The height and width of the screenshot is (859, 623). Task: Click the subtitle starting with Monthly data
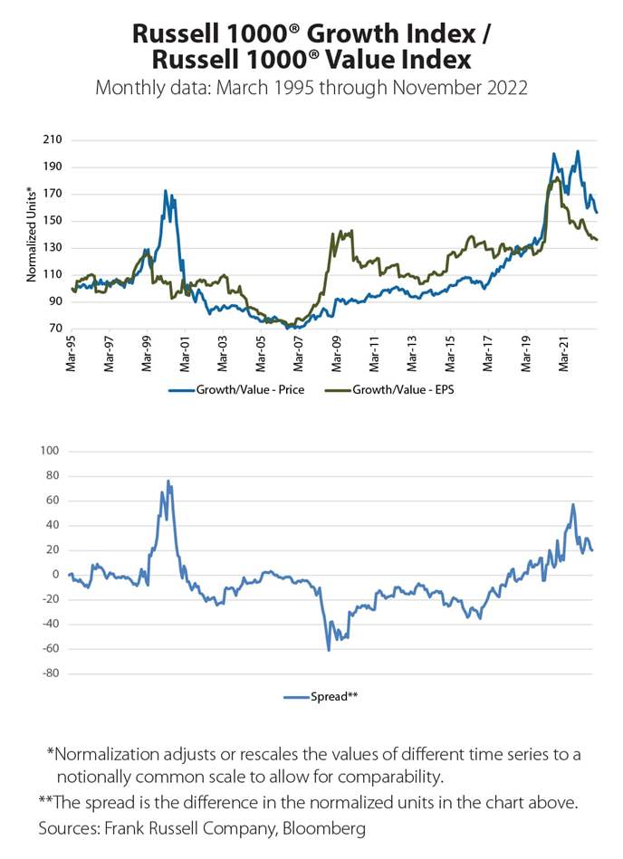pyautogui.click(x=311, y=88)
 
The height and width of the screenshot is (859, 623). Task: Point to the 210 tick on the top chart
pyautogui.click(x=51, y=140)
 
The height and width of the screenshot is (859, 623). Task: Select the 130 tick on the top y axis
pyautogui.click(x=51, y=248)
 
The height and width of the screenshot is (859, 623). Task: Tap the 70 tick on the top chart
pyautogui.click(x=53, y=329)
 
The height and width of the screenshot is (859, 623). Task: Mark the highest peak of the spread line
pyautogui.click(x=168, y=481)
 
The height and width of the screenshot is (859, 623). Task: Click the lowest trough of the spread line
pyautogui.click(x=329, y=650)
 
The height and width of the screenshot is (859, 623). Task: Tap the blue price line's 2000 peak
pyautogui.click(x=165, y=191)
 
